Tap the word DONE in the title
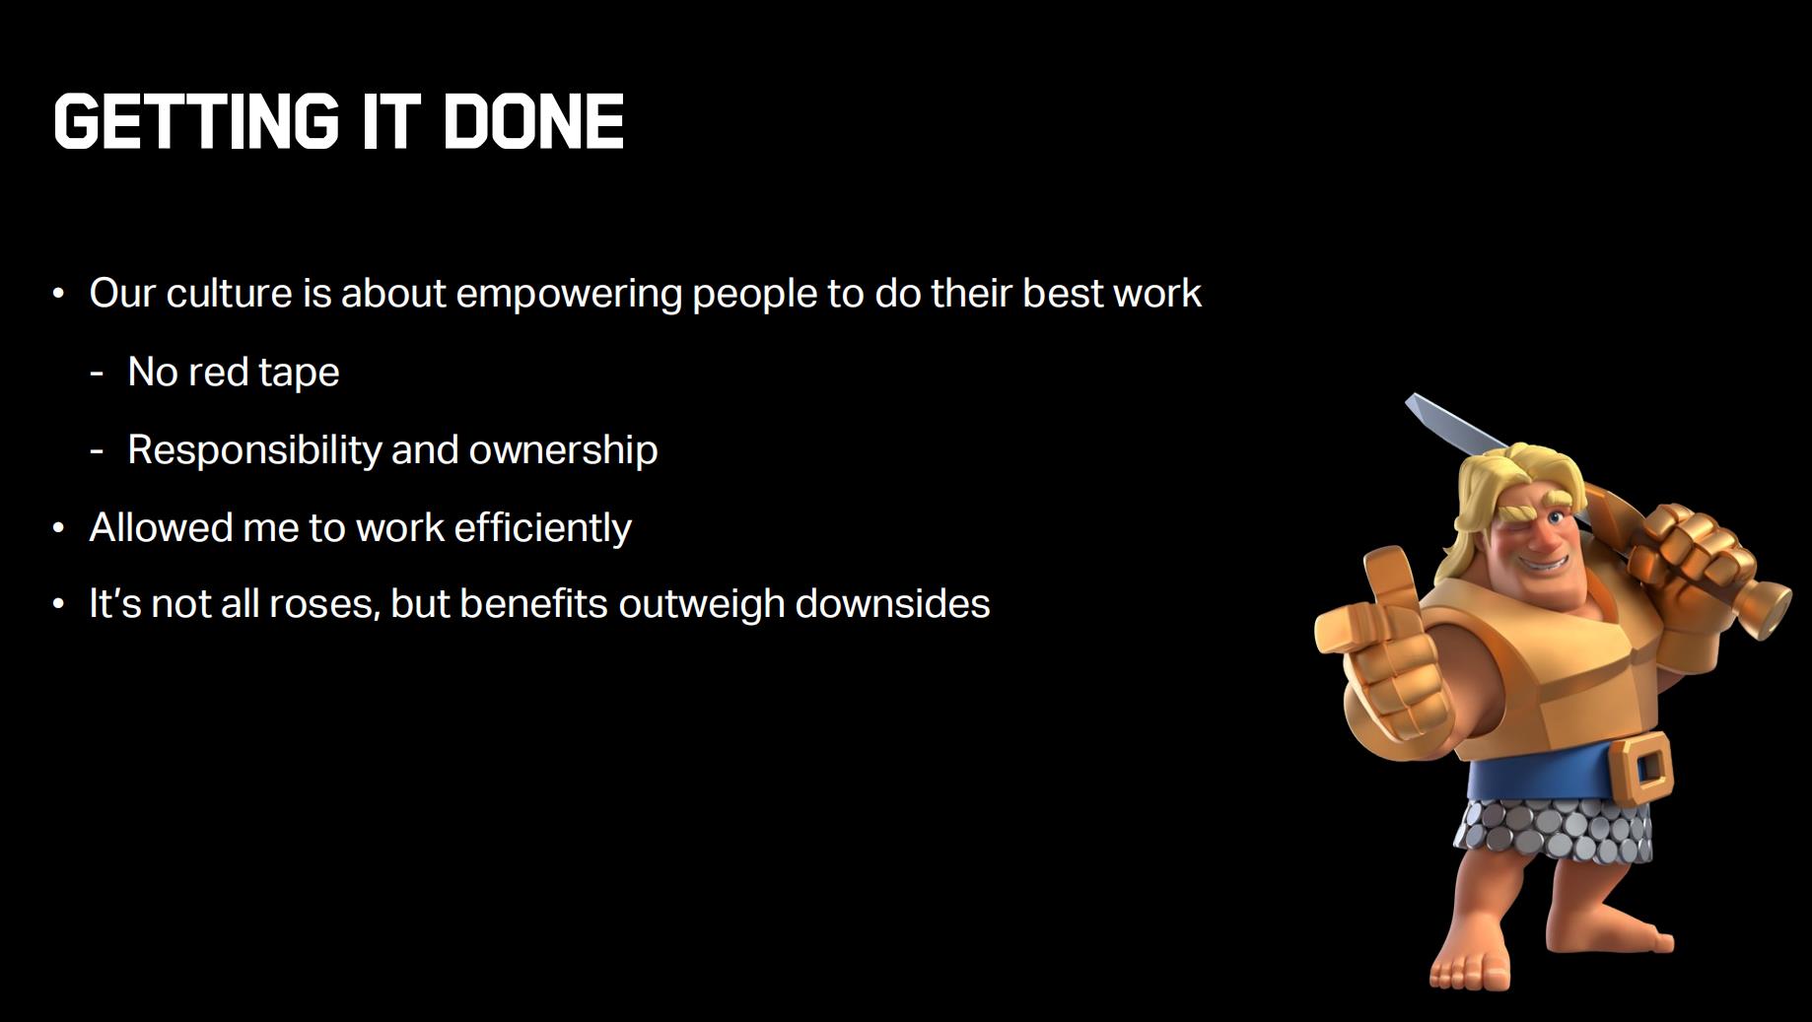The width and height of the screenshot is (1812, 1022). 534,122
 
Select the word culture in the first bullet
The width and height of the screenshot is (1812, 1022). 230,293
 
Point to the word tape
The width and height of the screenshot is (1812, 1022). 300,374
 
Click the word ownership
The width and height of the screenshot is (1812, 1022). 563,450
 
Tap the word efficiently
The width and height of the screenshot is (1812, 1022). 542,528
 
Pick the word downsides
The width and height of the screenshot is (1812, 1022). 892,603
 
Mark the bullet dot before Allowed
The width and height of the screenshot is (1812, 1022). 59,528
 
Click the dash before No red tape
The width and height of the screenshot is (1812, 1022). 97,375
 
